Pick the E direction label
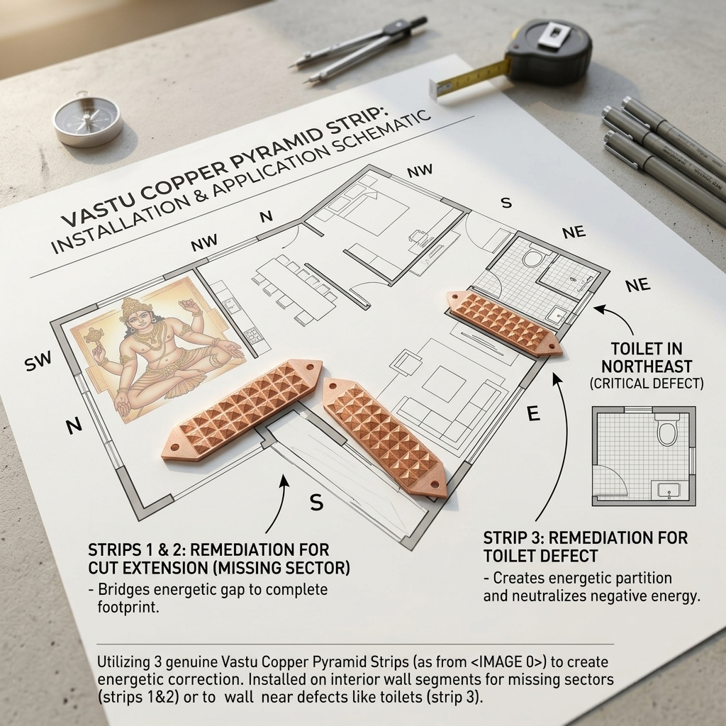(534, 415)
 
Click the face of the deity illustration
(133, 316)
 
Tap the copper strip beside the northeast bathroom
(504, 323)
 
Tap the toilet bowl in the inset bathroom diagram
(667, 430)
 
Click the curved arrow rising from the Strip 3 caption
(549, 454)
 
